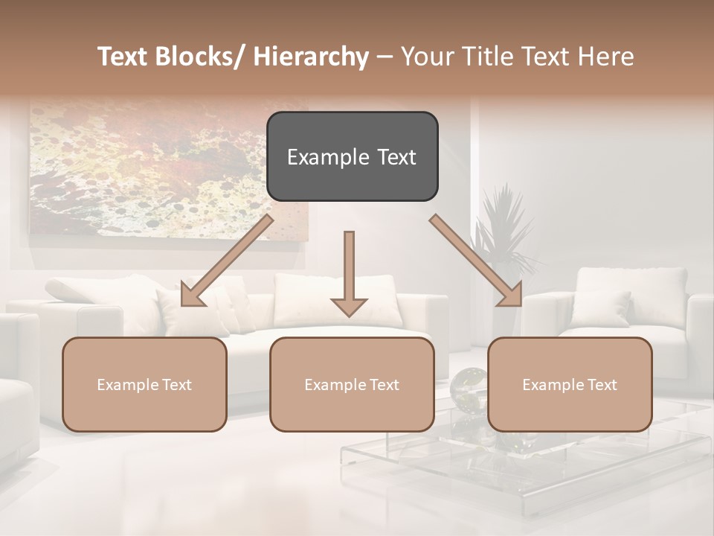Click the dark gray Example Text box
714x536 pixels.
352,156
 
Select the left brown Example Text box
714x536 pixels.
144,384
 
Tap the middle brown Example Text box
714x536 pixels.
352,384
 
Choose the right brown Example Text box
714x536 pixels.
570,384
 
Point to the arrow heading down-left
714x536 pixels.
227,261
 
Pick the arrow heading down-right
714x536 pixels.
476,261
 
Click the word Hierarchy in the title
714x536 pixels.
310,57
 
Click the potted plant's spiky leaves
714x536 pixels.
506,223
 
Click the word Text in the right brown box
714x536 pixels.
601,384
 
